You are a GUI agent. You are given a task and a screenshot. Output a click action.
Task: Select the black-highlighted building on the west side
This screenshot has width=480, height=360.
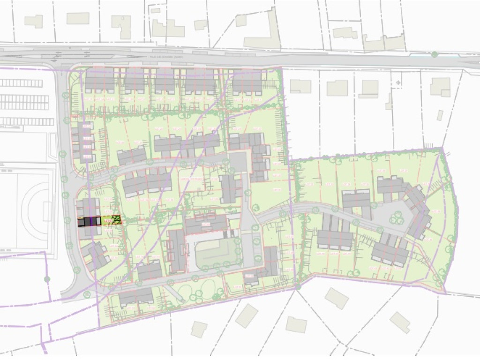pyautogui.click(x=89, y=222)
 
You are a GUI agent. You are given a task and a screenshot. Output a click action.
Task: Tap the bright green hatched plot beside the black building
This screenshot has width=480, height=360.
pyautogui.click(x=112, y=220)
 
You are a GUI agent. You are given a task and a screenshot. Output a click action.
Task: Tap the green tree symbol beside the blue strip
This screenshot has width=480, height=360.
pyautogui.click(x=435, y=55)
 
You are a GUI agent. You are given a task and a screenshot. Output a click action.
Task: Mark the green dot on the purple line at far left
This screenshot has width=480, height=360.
pyautogui.click(x=47, y=279)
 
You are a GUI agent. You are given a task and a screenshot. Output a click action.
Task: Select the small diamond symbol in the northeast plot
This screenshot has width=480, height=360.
pyautogui.click(x=398, y=82)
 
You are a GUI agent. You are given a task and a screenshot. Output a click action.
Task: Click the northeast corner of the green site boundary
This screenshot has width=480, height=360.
pyautogui.click(x=442, y=149)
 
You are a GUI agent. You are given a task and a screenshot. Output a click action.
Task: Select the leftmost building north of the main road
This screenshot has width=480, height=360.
pyautogui.click(x=33, y=21)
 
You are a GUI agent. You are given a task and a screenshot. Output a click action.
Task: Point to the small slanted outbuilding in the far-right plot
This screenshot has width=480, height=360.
pyautogui.click(x=440, y=115)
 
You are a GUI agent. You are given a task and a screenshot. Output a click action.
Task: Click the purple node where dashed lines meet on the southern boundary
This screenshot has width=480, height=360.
pyautogui.click(x=297, y=286)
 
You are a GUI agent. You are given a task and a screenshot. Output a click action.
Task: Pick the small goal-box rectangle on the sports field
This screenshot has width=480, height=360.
pyautogui.click(x=47, y=211)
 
